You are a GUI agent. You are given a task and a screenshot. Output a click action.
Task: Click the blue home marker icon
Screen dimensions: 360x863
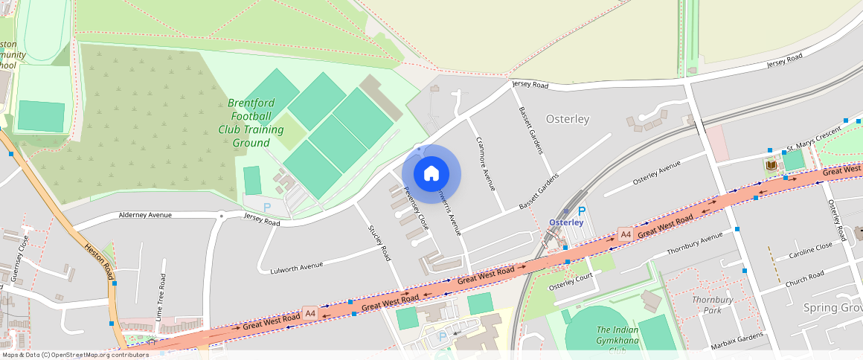point(431,174)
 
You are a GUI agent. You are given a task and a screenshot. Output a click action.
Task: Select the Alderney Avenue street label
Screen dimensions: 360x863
point(145,215)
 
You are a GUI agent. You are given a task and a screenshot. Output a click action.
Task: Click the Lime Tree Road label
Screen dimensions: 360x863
point(161,292)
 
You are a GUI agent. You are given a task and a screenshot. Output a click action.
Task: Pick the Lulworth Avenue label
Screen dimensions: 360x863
point(296,266)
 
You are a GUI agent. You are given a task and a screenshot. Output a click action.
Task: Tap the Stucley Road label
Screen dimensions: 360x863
point(379,242)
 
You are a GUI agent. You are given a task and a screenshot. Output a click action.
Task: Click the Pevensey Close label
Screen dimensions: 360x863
point(416,207)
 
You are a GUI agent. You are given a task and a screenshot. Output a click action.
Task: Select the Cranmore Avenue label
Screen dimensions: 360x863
point(485,164)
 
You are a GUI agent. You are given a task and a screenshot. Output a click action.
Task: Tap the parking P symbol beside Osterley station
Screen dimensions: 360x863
point(582,211)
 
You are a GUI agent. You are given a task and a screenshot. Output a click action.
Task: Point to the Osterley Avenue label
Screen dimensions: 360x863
point(656,173)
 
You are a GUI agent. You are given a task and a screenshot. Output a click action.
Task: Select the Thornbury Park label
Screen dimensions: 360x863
point(713,305)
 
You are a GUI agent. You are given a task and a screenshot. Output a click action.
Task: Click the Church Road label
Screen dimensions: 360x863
point(804,279)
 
